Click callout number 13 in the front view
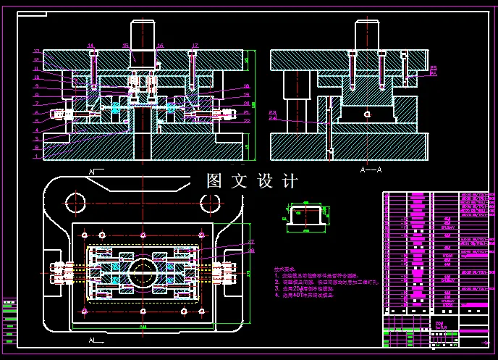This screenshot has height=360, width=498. pos(36,51)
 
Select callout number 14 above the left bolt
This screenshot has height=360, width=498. pos(91,46)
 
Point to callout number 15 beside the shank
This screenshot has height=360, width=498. pos(125,46)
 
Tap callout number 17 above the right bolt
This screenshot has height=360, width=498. pos(195,46)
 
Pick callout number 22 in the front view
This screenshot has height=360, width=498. pos(247,120)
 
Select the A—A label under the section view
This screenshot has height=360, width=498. pos(371,168)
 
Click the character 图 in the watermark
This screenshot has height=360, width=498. pos(214,181)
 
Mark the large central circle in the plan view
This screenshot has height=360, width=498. pos(143,273)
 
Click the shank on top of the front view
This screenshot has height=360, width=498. pos(143,36)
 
